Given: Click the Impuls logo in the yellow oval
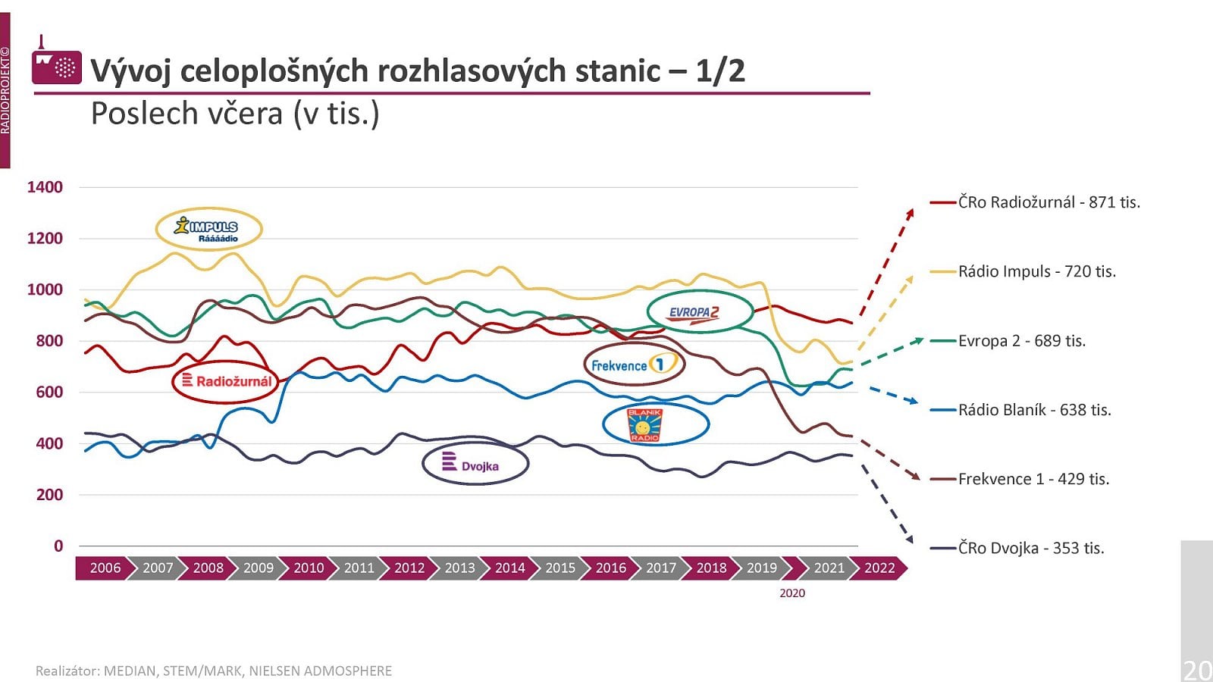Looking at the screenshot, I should (208, 228).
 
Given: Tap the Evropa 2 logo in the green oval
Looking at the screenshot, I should (699, 311).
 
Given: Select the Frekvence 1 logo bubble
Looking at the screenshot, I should (634, 365).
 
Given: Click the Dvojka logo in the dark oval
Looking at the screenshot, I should (475, 464).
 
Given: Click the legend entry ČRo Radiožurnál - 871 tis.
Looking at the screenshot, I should (1048, 202).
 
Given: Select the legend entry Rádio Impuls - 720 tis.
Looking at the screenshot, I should (1036, 271).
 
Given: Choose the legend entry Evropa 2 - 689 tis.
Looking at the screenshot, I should (1021, 341).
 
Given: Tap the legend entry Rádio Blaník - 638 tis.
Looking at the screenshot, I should (1034, 410).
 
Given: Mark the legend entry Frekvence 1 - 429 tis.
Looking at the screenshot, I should (1033, 479).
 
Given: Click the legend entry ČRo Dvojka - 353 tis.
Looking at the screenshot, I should (1030, 548).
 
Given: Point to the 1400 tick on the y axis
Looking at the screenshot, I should (45, 187).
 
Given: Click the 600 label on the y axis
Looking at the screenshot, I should (49, 392).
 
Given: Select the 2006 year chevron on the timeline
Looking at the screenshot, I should (105, 568).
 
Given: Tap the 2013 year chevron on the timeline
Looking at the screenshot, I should (459, 568).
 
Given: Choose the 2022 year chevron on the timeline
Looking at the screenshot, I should (879, 568).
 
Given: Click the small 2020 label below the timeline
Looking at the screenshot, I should (792, 593).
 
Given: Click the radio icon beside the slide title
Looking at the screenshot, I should (57, 66).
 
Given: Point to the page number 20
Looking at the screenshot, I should (1197, 670).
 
